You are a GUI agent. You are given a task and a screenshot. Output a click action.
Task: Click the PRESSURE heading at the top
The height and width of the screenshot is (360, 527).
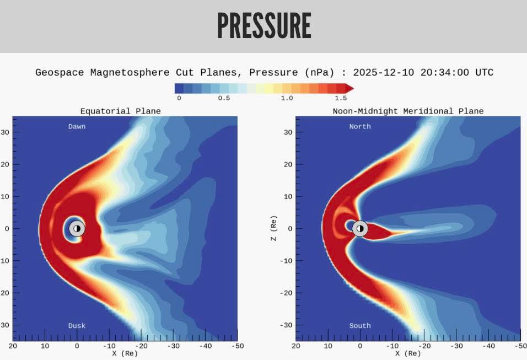263,25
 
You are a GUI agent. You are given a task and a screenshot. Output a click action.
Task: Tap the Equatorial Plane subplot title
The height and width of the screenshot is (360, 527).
121,111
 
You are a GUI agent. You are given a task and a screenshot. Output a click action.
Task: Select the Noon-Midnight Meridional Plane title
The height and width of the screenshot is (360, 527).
408,111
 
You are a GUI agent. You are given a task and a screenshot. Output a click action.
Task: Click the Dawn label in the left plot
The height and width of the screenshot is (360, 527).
77,126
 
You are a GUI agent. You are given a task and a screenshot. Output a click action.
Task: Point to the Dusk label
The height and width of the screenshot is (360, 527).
77,326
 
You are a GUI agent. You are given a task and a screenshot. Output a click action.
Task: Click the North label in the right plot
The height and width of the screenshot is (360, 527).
360,126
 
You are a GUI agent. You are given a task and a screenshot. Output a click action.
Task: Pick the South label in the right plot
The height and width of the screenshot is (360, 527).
360,326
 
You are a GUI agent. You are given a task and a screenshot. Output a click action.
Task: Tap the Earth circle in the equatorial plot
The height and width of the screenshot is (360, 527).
77,228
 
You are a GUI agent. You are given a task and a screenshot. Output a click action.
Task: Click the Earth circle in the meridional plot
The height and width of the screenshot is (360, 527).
360,228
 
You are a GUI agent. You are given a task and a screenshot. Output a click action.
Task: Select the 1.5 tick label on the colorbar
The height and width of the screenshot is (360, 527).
341,98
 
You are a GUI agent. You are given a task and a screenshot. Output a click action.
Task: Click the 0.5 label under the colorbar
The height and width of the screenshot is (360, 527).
224,98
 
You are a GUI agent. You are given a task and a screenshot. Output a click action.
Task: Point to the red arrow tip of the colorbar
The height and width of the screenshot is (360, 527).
349,88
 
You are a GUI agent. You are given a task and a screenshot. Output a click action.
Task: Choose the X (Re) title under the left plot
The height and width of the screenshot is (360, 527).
125,353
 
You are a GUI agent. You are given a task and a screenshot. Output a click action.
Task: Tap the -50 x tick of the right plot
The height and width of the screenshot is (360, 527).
518,346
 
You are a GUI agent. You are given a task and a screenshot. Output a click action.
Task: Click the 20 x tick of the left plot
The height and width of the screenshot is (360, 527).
13,346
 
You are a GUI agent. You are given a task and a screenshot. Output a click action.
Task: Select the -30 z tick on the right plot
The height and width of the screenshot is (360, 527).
286,325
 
